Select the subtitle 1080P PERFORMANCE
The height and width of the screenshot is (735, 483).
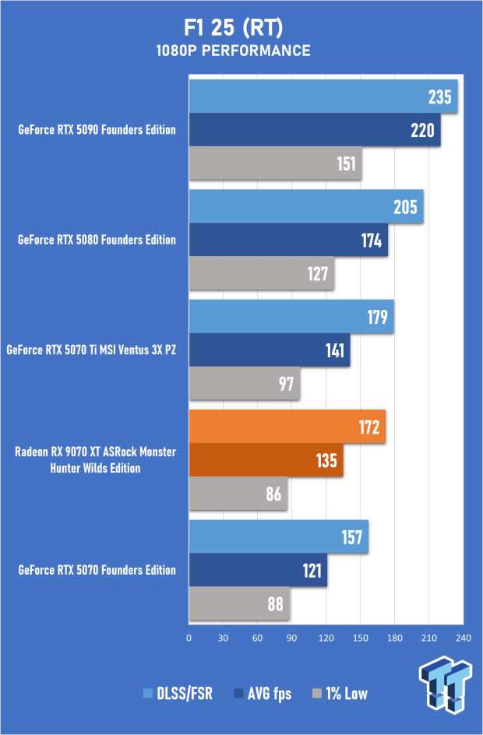pyautogui.click(x=241, y=51)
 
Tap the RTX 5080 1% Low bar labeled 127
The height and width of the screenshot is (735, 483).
pyautogui.click(x=262, y=274)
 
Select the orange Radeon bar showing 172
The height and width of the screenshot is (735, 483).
pyautogui.click(x=287, y=427)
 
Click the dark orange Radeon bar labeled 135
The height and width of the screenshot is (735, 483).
pyautogui.click(x=266, y=460)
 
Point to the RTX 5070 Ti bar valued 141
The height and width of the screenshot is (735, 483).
pyautogui.click(x=270, y=350)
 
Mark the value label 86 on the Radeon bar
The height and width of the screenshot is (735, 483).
pyautogui.click(x=274, y=494)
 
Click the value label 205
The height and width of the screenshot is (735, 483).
pyautogui.click(x=406, y=207)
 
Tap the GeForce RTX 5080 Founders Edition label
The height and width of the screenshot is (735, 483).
pyautogui.click(x=97, y=241)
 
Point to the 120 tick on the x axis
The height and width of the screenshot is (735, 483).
pyautogui.click(x=326, y=638)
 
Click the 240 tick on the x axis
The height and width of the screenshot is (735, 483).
pyautogui.click(x=464, y=638)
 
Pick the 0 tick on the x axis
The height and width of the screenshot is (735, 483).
pyautogui.click(x=189, y=638)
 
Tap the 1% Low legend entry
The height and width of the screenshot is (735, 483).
pyautogui.click(x=340, y=694)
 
